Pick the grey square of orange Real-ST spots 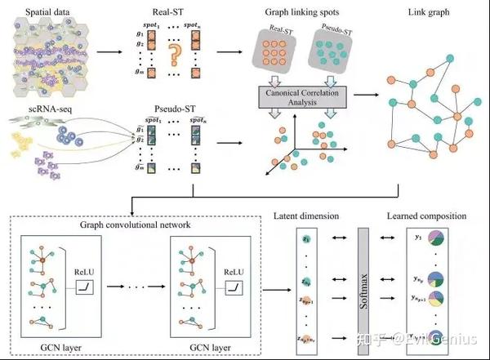(280, 55)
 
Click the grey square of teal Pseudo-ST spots (333, 55)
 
